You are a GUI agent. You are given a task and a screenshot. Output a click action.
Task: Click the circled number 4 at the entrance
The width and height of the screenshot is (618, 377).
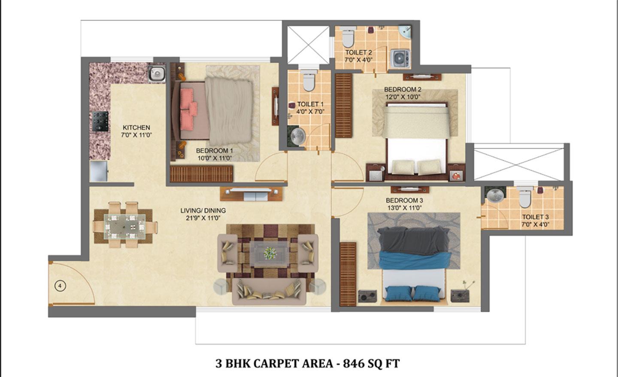pos(61,286)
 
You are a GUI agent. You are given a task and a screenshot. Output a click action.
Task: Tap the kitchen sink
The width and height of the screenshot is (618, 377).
pos(157,73)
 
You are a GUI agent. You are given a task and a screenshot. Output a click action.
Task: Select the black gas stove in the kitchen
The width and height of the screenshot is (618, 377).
pos(100,122)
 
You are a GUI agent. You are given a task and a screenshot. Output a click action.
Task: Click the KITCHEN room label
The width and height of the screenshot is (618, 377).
pos(136,128)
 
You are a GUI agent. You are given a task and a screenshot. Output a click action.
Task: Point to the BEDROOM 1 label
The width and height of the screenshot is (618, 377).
pos(215,151)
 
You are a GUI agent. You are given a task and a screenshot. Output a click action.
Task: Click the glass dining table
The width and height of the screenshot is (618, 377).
pos(125,227)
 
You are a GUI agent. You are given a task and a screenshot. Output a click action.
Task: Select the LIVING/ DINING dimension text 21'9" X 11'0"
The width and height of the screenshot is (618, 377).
pos(203,218)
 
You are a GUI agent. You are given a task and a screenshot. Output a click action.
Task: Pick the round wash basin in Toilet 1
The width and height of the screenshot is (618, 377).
pos(299,136)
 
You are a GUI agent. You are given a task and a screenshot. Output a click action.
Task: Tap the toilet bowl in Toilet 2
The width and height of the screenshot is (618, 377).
pos(348,37)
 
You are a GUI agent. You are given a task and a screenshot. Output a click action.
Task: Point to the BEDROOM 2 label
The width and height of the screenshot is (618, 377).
pos(403,89)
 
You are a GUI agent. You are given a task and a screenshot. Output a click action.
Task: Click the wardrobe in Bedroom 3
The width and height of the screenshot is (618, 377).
pos(348,274)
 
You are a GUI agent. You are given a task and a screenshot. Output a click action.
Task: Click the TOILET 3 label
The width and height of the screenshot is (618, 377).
pos(536,217)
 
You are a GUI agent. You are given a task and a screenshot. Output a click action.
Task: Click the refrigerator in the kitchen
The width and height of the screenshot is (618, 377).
pos(99,171)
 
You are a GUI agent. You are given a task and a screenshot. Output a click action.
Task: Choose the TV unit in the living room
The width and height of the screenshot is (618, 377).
pos(251,194)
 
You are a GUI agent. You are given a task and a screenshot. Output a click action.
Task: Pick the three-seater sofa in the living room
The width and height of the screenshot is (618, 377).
pos(269,292)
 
